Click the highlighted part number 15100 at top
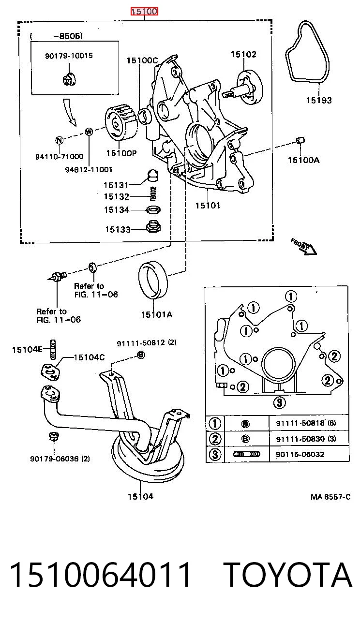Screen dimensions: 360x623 coord(144,12)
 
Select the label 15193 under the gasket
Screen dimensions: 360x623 coord(319,100)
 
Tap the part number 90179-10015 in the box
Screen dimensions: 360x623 coord(69,56)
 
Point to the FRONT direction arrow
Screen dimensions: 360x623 coord(304,246)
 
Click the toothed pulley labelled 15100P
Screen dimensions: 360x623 coord(121,123)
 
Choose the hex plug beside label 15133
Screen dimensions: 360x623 coord(153,227)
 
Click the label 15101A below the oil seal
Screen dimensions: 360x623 coord(157,314)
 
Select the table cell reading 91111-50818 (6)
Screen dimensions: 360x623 coord(306,423)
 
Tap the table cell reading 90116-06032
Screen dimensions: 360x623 coord(300,454)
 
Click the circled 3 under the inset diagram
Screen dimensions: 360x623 coord(280,402)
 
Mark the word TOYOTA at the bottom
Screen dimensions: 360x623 coord(288,575)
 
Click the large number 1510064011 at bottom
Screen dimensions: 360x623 coord(100,575)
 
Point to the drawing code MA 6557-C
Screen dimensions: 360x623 coord(330,497)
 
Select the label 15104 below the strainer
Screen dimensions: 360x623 coord(140,496)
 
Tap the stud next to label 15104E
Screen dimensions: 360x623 coord(53,350)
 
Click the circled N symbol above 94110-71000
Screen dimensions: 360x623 coord(59,140)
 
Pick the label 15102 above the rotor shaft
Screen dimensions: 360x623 coord(243,55)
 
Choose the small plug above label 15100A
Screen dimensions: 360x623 coord(300,140)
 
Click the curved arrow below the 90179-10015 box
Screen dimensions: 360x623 coord(69,112)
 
